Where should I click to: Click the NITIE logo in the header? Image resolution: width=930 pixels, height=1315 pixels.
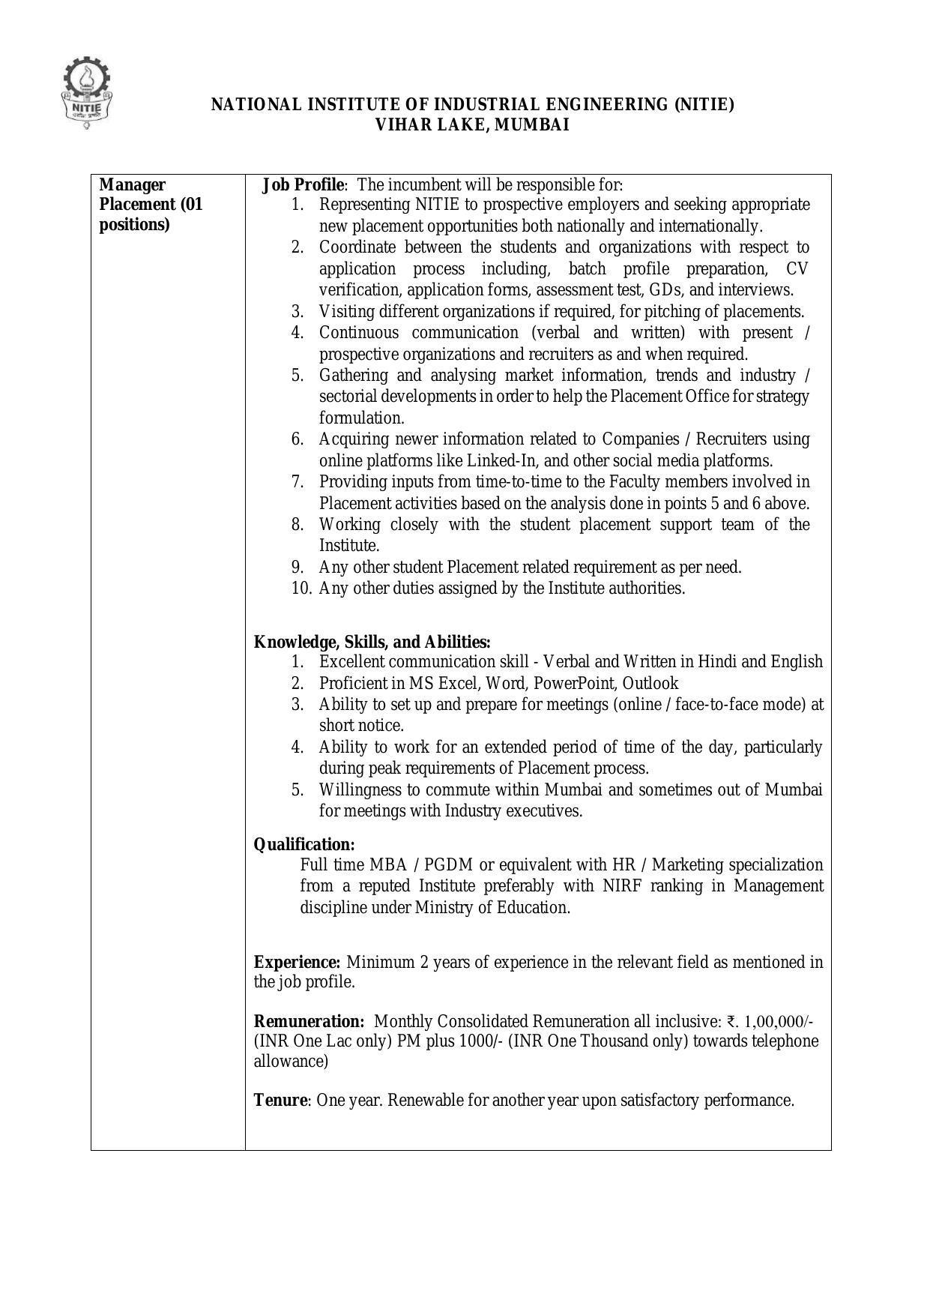[x=87, y=94]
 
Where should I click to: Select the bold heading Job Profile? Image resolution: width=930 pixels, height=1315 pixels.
[x=304, y=184]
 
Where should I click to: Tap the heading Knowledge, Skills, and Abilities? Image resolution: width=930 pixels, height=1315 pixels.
[x=372, y=642]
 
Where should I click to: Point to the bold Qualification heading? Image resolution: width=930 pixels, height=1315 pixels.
[x=304, y=845]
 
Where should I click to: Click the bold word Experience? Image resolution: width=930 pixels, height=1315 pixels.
[x=298, y=962]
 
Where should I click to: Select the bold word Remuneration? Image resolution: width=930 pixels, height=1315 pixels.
[x=309, y=1021]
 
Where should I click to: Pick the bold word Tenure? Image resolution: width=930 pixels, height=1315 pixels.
[x=280, y=1101]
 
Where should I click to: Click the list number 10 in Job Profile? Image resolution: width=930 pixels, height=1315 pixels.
[x=301, y=589]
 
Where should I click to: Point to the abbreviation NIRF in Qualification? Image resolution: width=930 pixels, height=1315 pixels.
[x=620, y=885]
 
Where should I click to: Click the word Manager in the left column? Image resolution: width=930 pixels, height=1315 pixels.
[x=132, y=184]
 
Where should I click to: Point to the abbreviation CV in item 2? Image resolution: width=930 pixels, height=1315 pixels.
[x=797, y=268]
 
